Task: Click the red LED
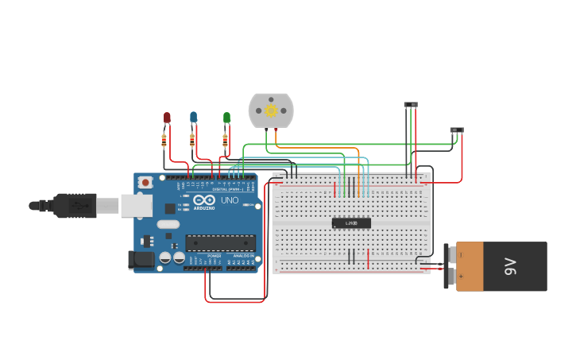coord(167,118)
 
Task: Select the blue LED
coord(193,118)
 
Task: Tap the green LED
coord(226,118)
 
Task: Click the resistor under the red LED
coord(164,141)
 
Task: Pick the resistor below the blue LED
coord(192,141)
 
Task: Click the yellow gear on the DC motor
coord(271,110)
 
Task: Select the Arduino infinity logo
coord(203,201)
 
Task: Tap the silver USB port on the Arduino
coord(136,205)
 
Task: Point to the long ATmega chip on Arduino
coord(221,242)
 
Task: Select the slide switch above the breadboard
coord(411,105)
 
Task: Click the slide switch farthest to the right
coord(457,130)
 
